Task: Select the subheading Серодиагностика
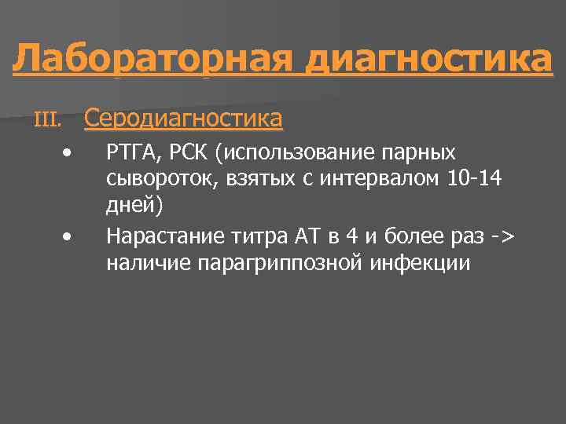click(x=182, y=119)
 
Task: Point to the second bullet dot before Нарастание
click(x=70, y=234)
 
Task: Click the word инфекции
click(x=418, y=262)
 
